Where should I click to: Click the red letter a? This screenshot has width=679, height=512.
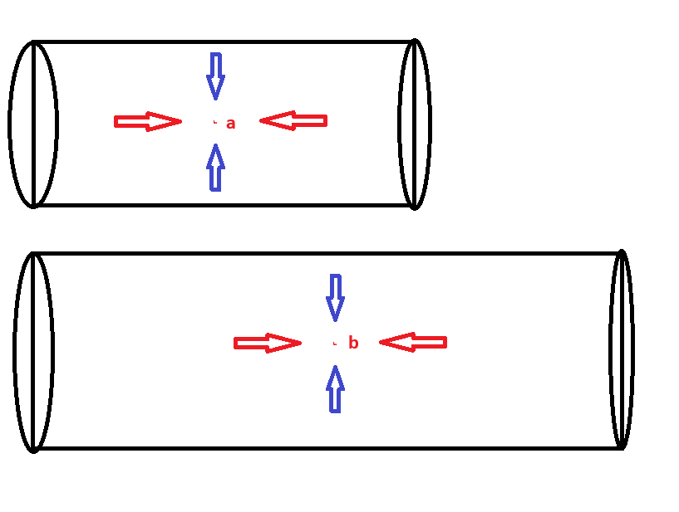[231, 124]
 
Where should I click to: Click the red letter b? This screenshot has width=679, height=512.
[353, 343]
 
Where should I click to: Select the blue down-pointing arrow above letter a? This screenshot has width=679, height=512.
[216, 76]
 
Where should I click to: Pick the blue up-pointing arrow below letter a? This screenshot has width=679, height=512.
[216, 168]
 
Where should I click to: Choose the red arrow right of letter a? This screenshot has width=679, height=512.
[293, 121]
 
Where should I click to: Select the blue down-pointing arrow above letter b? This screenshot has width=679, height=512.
[335, 297]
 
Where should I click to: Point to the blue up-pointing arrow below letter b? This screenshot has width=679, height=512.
[335, 389]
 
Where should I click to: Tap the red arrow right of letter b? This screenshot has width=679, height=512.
[413, 342]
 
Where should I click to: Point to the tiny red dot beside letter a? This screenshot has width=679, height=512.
[215, 122]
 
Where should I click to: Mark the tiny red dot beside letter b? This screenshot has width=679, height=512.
[335, 343]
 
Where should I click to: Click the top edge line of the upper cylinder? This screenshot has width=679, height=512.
[224, 41]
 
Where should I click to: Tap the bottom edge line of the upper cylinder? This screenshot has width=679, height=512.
[224, 205]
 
